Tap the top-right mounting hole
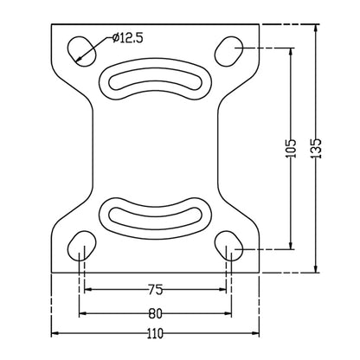231,49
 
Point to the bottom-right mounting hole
229,247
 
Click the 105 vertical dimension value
291,148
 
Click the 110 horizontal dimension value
156,332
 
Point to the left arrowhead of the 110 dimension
55,332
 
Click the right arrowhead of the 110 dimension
256,332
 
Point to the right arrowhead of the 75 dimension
222,290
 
